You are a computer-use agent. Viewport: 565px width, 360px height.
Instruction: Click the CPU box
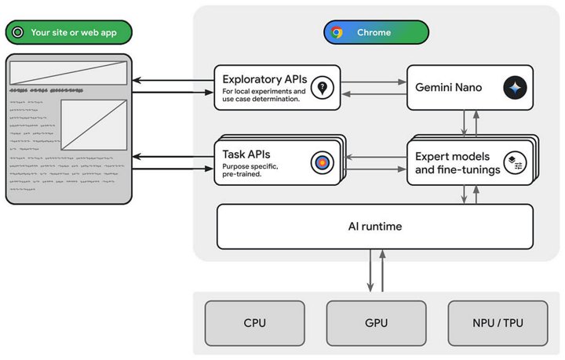coord(254,322)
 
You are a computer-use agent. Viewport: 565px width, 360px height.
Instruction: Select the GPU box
coord(375,322)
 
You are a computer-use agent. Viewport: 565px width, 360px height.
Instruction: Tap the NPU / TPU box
coord(497,322)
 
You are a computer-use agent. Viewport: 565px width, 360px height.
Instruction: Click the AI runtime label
coord(375,227)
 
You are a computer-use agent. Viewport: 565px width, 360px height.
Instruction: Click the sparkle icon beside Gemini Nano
coord(516,88)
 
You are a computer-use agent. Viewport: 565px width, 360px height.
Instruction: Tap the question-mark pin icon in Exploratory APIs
coord(320,88)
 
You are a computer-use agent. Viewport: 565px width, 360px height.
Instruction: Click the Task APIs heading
coord(246,154)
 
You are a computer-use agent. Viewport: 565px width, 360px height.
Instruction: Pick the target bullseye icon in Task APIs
coord(322,162)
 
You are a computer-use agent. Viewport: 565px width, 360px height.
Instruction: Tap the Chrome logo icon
coord(337,32)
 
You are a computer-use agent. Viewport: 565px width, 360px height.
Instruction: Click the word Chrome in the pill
coord(374,32)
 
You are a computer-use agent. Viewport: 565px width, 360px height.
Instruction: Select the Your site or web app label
coord(73,32)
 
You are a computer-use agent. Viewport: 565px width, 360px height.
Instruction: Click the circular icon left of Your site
coord(17,32)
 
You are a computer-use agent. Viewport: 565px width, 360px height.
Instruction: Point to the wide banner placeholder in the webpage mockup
coord(67,74)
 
